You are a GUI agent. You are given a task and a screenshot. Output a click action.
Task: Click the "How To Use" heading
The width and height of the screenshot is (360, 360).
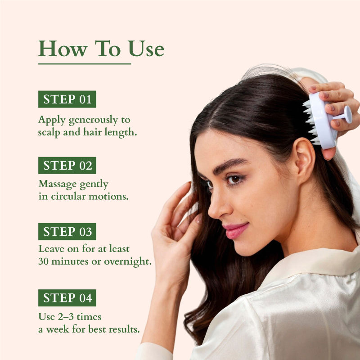(x=101, y=49)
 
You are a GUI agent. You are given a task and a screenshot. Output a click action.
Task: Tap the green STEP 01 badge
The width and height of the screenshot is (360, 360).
(x=67, y=99)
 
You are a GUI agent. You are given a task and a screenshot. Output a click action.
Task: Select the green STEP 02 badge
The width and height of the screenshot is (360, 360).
(x=67, y=166)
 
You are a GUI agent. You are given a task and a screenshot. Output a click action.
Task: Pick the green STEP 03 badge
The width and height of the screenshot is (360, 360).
(x=67, y=232)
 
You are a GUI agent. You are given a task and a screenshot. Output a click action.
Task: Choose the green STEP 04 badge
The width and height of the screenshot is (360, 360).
(x=67, y=298)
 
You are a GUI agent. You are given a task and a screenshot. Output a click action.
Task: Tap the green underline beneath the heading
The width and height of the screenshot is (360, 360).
(x=85, y=64)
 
